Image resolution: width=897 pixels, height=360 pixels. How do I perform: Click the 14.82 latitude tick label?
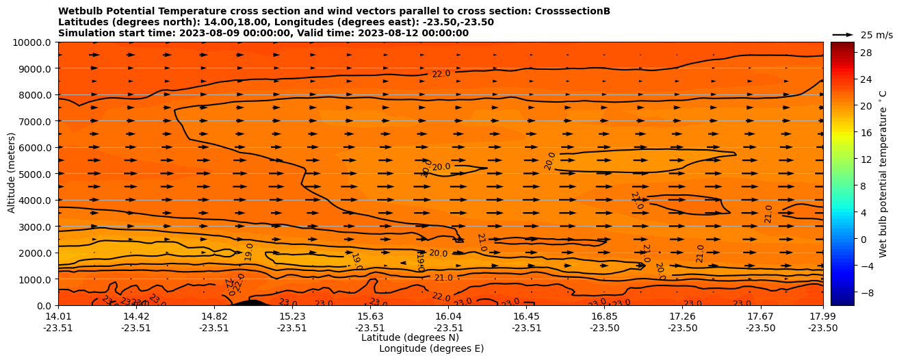214,316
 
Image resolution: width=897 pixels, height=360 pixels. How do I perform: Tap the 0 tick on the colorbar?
863,239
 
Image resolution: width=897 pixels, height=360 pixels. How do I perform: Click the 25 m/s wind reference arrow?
842,35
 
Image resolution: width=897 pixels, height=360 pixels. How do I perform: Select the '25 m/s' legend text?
876,35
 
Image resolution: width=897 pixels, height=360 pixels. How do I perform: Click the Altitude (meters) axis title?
12,174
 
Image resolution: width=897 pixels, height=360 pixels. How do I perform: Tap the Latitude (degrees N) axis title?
410,337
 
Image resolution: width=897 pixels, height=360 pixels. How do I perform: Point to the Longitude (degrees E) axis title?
431,348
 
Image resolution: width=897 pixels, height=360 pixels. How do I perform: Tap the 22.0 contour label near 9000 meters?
441,73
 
